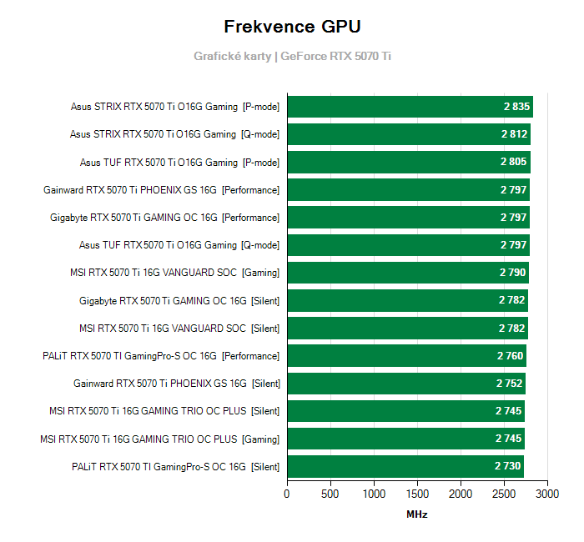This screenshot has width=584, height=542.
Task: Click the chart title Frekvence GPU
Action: click(292, 27)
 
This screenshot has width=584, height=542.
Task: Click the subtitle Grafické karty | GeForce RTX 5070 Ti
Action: click(292, 57)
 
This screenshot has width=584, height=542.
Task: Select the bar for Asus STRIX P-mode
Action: click(409, 107)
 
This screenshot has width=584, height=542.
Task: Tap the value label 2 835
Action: click(516, 107)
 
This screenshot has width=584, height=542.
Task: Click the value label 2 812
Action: click(515, 134)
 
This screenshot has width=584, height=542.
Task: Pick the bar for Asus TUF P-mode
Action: click(408, 162)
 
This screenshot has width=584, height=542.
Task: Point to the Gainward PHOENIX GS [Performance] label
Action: click(161, 190)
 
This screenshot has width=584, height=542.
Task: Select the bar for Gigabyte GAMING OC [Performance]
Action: click(408, 218)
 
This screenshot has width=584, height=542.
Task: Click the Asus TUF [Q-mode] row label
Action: click(179, 245)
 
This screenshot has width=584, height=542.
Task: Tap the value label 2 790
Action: click(513, 273)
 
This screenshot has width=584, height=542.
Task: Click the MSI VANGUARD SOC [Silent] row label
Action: click(179, 328)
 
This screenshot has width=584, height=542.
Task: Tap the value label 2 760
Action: click(511, 356)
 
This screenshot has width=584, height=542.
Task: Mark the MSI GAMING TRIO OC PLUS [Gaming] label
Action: click(159, 439)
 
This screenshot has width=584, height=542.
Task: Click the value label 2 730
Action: click(508, 466)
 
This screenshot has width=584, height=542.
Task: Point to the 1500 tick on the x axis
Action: click(417, 494)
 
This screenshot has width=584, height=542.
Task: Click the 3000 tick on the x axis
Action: click(547, 494)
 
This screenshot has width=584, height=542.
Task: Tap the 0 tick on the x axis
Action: click(287, 494)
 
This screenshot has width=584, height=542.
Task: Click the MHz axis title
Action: click(416, 514)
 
